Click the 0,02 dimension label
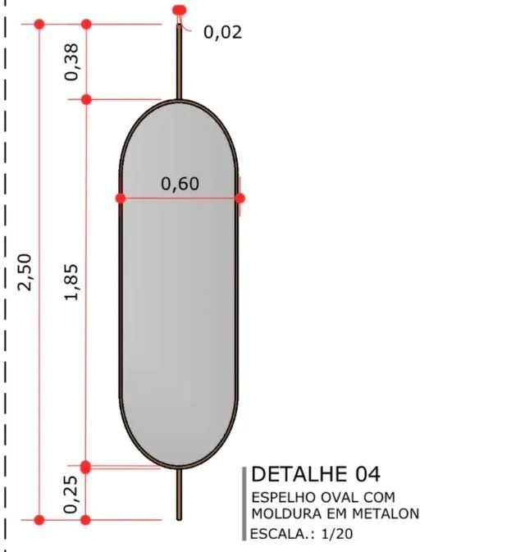(x=222, y=32)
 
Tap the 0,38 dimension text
(x=72, y=62)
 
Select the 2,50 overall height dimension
(x=25, y=272)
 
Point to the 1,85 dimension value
(x=72, y=282)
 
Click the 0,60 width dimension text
(x=180, y=184)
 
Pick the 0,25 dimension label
(x=71, y=495)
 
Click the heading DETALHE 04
(x=316, y=474)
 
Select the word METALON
(x=386, y=513)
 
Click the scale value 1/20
(x=337, y=534)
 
